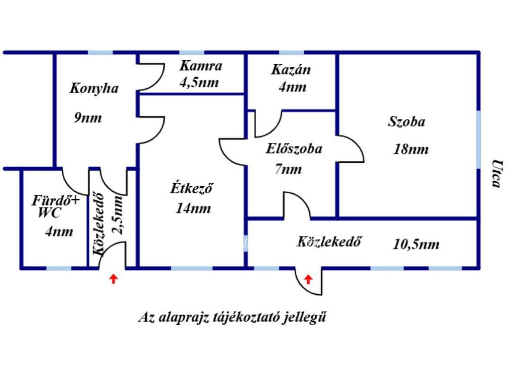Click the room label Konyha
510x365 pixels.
coord(94,89)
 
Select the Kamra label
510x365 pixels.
coord(201,65)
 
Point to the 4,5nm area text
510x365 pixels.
coord(199,82)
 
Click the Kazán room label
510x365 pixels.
coord(291,70)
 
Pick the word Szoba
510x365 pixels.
coord(406,122)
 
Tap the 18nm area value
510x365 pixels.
coord(411,149)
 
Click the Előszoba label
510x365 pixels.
coord(294,148)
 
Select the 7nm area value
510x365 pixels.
coord(288,169)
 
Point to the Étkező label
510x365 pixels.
coord(192,189)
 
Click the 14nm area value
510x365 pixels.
coord(193,208)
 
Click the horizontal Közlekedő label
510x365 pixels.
coord(329,243)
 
